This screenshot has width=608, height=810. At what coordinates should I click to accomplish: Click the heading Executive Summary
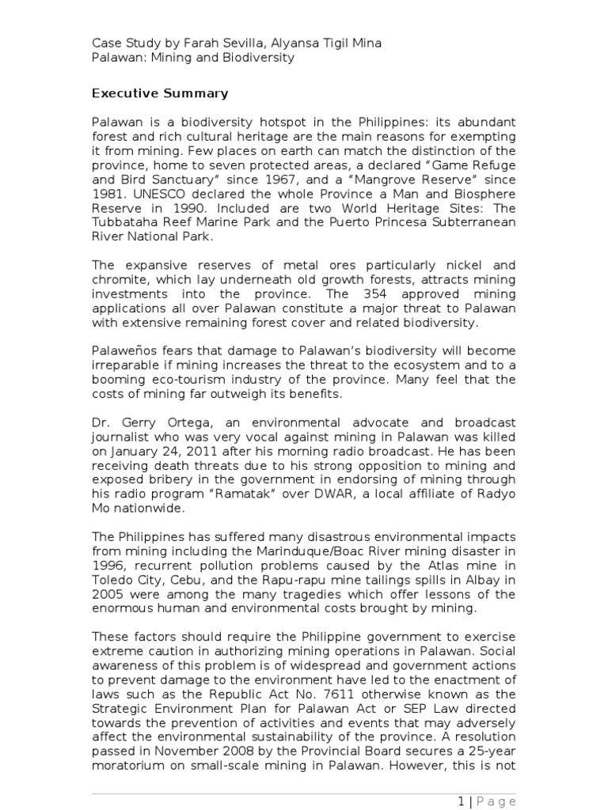(160, 93)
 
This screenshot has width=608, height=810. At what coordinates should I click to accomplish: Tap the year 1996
(108, 564)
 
